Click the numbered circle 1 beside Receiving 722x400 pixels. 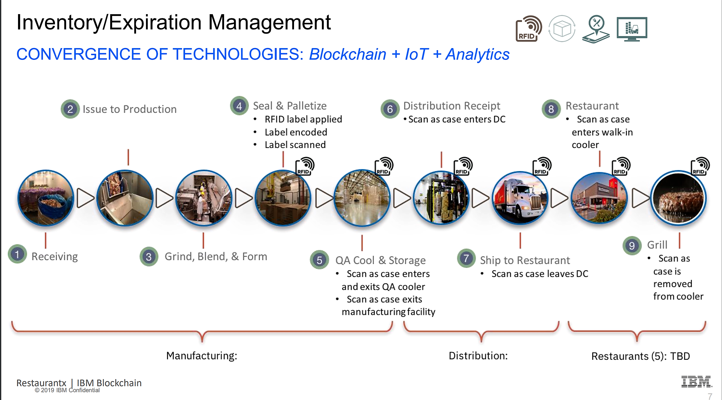pos(17,254)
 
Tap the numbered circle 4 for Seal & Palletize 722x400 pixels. pos(239,106)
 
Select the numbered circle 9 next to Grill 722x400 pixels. pos(632,246)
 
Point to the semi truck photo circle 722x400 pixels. pos(520,198)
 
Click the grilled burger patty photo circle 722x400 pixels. pos(678,198)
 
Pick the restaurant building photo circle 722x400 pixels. pos(599,198)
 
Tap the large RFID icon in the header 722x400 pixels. pos(529,29)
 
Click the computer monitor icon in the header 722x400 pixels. pos(632,29)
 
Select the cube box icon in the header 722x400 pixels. pos(562,29)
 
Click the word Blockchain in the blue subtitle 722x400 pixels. pos(347,54)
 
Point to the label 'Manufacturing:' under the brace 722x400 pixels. pos(202,356)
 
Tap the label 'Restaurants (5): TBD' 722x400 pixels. pos(641,356)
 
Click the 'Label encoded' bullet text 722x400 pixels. pos(296,132)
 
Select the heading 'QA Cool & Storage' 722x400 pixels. pos(381,260)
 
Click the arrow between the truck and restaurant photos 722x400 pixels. pos(559,198)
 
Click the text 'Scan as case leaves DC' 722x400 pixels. pos(540,274)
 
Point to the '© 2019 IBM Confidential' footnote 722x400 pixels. pos(67,390)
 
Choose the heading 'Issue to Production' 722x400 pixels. pos(129,109)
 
